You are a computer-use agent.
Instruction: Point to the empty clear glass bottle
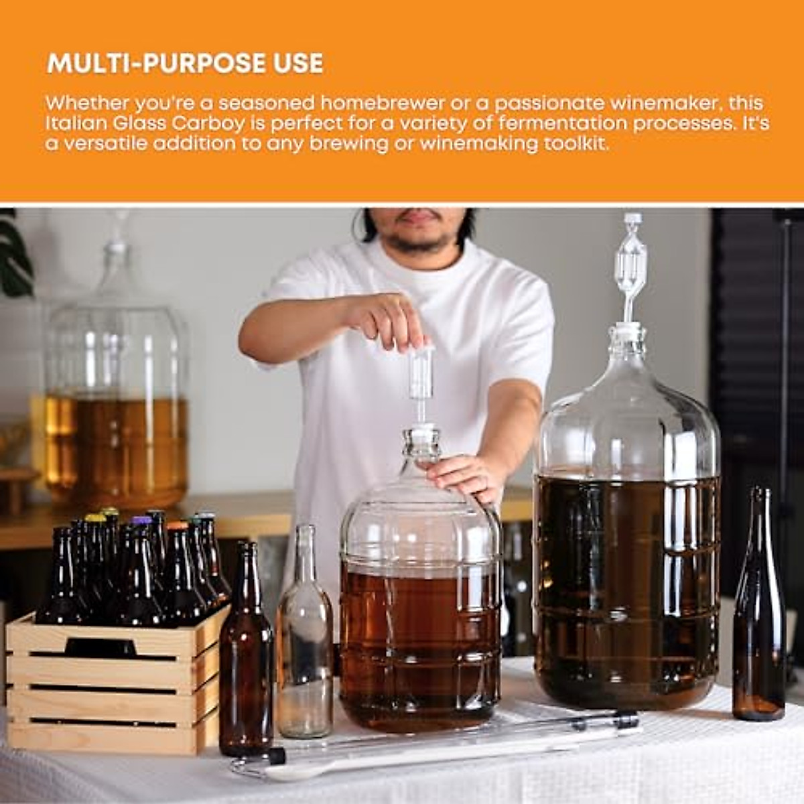(x=305, y=636)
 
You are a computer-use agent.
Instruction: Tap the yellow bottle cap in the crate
(x=96, y=518)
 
